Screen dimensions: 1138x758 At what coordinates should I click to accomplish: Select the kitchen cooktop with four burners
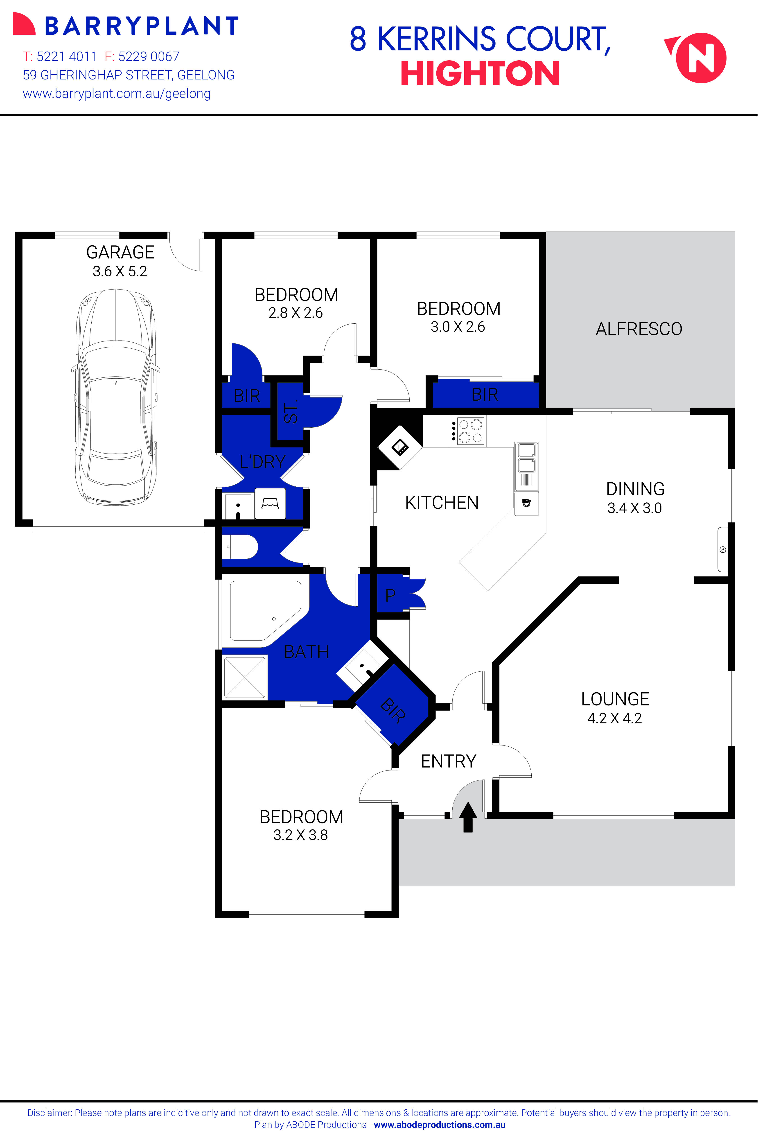(468, 431)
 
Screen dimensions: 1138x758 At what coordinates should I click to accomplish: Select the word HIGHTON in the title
(480, 74)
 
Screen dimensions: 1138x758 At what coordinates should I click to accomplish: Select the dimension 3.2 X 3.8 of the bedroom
(301, 835)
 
